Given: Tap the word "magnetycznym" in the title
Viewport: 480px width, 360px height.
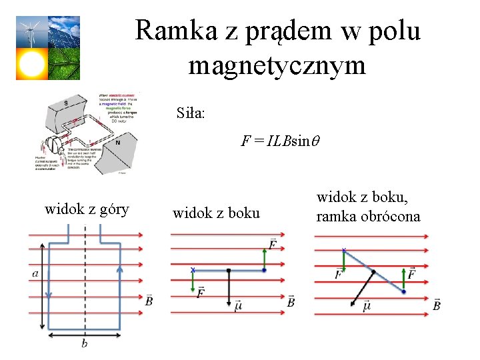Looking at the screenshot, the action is tap(277, 65).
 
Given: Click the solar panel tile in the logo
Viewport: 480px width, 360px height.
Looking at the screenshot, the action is tap(64, 31).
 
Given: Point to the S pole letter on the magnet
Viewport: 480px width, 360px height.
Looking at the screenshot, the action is tap(65, 102).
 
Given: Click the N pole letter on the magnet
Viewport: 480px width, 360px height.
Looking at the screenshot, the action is tap(117, 142).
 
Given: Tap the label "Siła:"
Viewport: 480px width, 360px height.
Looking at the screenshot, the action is tap(191, 113).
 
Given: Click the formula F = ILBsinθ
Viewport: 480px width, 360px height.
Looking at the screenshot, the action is tap(281, 141).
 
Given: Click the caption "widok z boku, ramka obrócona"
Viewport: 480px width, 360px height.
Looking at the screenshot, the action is tap(368, 207).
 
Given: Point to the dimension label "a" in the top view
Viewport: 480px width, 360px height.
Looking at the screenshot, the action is tap(35, 273).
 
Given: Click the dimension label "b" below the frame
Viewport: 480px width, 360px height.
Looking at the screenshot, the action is tap(84, 343).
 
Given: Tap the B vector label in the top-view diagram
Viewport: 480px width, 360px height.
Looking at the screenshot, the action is tap(149, 301).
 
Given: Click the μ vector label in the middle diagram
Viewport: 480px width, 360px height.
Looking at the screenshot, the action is tap(238, 305).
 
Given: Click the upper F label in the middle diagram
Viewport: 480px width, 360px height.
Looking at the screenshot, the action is tap(272, 245).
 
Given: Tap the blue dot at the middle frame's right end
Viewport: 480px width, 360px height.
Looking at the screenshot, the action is tap(265, 270).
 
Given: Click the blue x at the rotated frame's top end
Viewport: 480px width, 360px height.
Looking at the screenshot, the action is tap(343, 251).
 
